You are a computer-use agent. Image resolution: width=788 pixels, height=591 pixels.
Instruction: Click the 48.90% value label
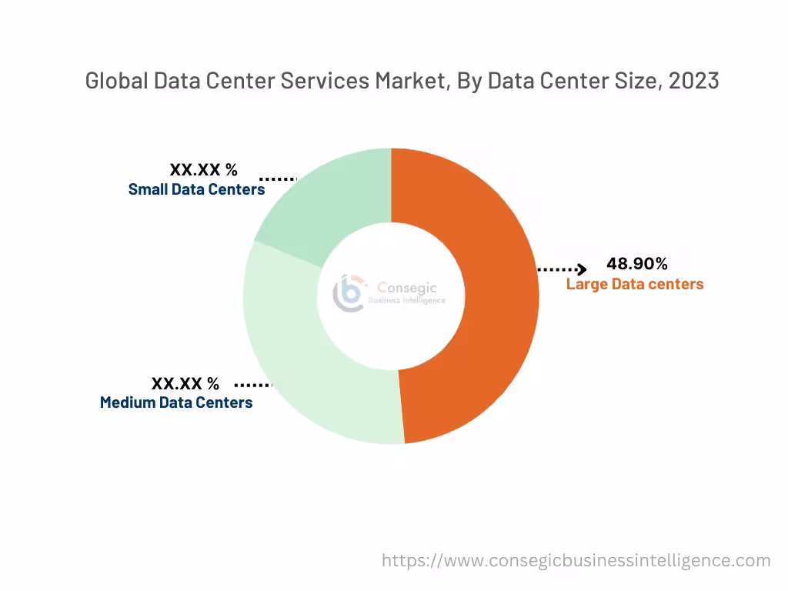[637, 264]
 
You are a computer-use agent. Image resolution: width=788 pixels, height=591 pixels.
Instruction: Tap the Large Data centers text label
[635, 284]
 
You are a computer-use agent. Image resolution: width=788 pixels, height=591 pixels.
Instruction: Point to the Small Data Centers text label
[196, 189]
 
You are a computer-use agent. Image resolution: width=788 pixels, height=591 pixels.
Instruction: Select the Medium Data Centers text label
[176, 402]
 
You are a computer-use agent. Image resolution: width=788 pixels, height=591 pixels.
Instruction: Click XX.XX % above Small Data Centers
[204, 170]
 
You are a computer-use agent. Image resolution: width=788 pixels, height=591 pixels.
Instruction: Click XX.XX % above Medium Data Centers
[185, 383]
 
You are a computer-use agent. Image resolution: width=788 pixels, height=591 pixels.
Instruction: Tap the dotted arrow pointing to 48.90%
[563, 269]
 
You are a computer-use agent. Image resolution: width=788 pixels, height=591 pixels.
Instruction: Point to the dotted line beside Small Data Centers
[277, 179]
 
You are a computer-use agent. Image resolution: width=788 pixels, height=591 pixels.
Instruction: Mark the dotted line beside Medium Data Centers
[253, 384]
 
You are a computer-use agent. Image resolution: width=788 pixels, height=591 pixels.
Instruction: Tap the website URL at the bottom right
[576, 560]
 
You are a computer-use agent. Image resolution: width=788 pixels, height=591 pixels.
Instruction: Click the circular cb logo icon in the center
[348, 292]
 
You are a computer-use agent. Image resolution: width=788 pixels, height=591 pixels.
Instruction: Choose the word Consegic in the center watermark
[407, 288]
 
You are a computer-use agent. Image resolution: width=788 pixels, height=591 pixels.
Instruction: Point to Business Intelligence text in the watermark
[407, 301]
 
